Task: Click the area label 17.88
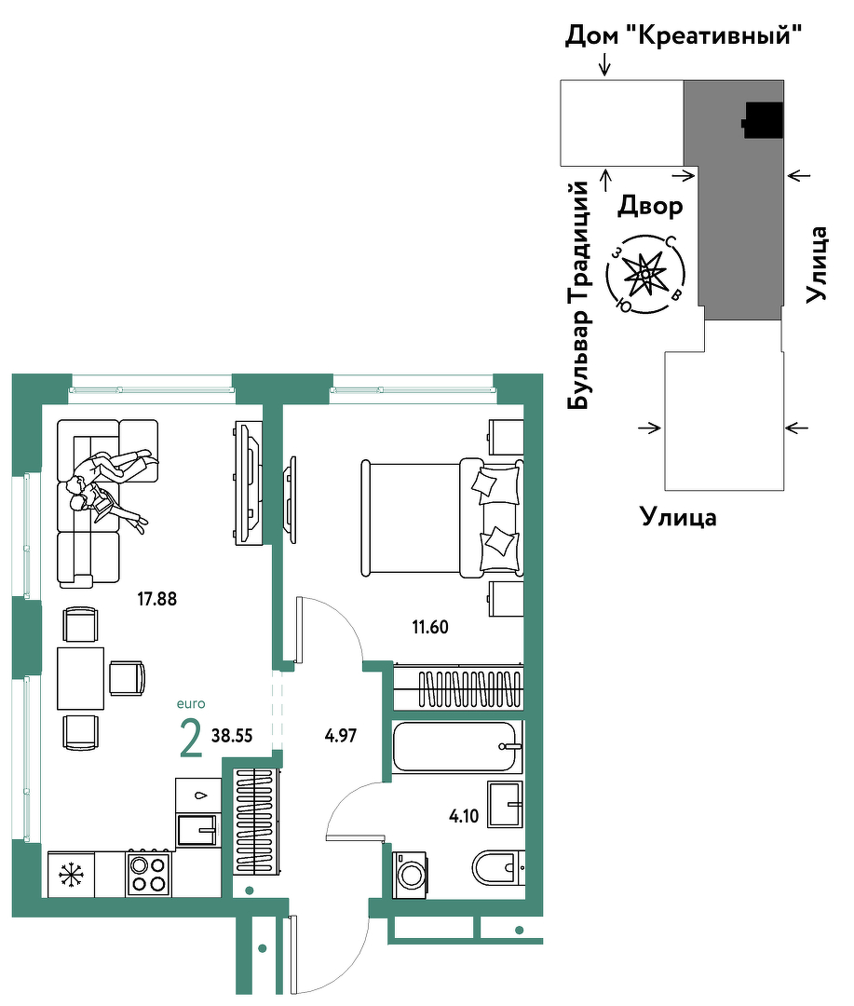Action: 156,599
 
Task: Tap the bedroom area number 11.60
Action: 430,627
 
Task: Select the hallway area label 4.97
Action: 341,735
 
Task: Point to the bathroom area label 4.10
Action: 464,816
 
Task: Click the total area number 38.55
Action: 232,735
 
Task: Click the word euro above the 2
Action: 191,704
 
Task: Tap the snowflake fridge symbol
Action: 71,875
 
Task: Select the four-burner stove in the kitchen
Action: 148,873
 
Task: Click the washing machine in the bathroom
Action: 409,875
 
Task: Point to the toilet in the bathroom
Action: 498,868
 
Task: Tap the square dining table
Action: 81,678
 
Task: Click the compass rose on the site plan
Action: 645,274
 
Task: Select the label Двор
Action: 650,206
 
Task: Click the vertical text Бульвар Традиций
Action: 577,295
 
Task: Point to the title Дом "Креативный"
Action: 684,35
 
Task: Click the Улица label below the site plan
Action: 678,516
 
